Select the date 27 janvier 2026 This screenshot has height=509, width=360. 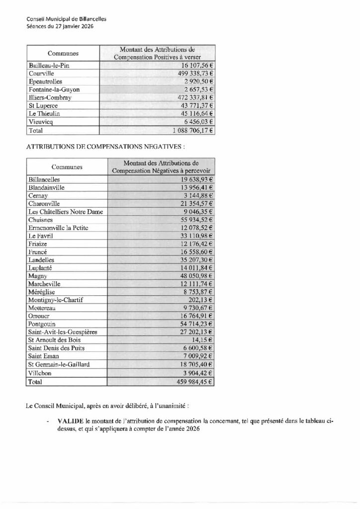pyautogui.click(x=74, y=26)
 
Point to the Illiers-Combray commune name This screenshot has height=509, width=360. pyautogui.click(x=51, y=97)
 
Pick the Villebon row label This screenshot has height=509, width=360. pyautogui.click(x=41, y=374)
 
